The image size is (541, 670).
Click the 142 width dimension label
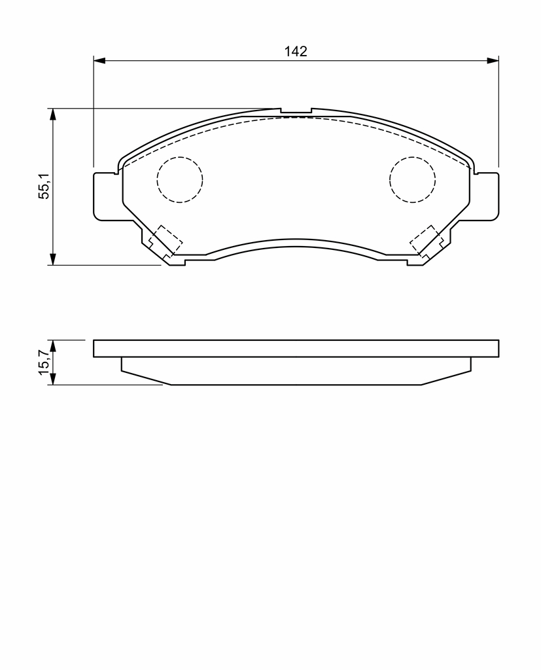[x=296, y=51]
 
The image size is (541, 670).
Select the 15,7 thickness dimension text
[x=44, y=362]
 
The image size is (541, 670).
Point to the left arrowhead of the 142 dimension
[x=99, y=60]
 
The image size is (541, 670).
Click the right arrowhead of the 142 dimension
[x=493, y=60]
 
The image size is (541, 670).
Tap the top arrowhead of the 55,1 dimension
[x=52, y=115]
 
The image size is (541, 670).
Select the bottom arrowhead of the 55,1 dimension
[x=52, y=259]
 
